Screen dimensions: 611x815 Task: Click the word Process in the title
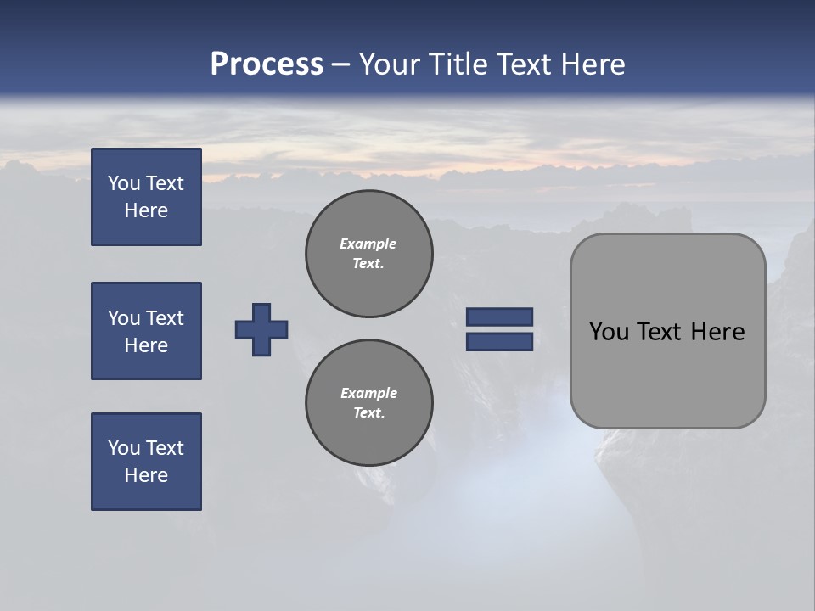pyautogui.click(x=267, y=64)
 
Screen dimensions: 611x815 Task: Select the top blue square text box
pyautogui.click(x=146, y=197)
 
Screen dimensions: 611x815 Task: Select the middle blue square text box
pyautogui.click(x=146, y=331)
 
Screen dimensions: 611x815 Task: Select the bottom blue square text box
pyautogui.click(x=146, y=462)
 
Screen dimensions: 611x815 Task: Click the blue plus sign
pyautogui.click(x=261, y=329)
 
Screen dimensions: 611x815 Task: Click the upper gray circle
pyautogui.click(x=368, y=254)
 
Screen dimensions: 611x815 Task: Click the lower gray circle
pyautogui.click(x=368, y=403)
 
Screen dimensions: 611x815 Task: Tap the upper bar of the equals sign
pyautogui.click(x=499, y=317)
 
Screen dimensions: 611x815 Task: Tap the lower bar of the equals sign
pyautogui.click(x=499, y=342)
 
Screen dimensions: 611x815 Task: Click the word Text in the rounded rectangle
pyautogui.click(x=660, y=332)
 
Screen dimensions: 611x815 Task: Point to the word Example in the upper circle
pyautogui.click(x=368, y=244)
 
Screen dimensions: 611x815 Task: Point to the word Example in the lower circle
pyautogui.click(x=368, y=393)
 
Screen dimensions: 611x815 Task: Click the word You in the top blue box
pyautogui.click(x=122, y=183)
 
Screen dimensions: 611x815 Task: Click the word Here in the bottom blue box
pyautogui.click(x=146, y=475)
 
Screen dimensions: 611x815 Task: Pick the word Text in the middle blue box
pyautogui.click(x=164, y=318)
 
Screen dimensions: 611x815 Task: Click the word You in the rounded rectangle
pyautogui.click(x=609, y=332)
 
